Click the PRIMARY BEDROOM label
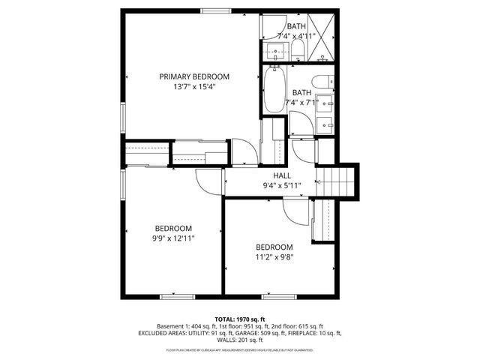tap(193, 76)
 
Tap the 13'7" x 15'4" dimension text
tap(193, 87)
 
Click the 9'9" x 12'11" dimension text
tap(173, 238)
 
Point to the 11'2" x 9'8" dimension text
tap(274, 257)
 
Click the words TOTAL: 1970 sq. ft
tap(240, 318)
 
